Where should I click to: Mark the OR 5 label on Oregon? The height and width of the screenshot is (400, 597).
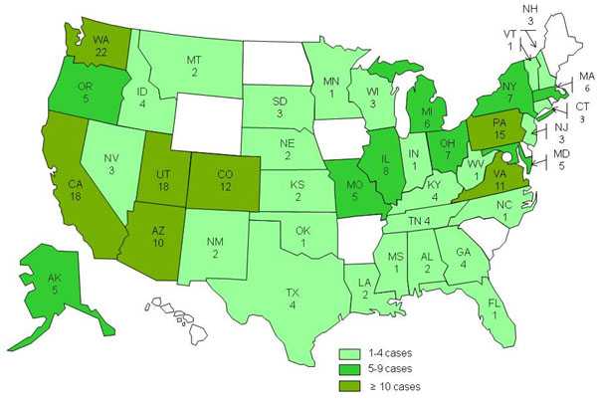(85, 93)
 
